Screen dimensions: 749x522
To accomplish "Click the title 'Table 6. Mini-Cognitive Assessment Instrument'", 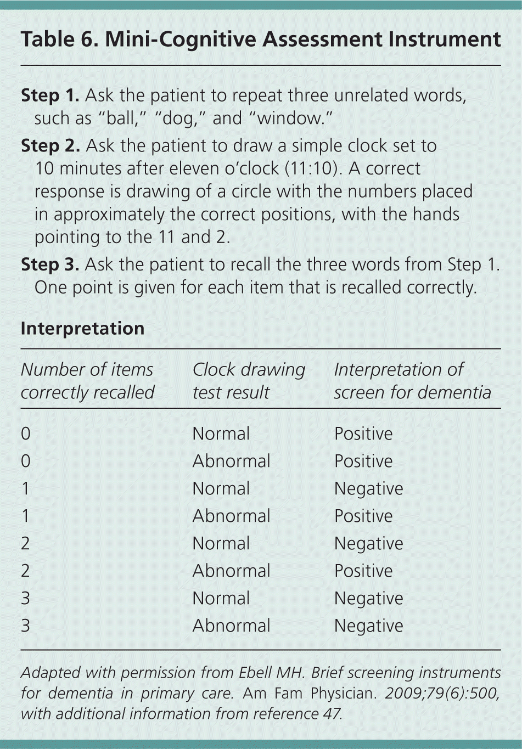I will click(261, 40).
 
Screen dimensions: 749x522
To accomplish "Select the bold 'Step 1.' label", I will click(50, 95).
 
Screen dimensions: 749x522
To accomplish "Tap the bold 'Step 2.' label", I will click(50, 146).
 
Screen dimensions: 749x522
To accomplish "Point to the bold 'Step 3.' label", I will click(50, 264).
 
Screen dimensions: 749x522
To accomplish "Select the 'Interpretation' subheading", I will click(82, 328).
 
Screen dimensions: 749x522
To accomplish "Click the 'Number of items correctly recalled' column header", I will click(87, 381).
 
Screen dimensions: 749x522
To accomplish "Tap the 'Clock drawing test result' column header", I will click(248, 381).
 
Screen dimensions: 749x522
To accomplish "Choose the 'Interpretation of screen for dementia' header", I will click(412, 381).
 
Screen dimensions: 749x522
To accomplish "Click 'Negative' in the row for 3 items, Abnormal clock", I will click(368, 626).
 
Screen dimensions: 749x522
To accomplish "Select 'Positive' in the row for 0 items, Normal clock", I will click(363, 433).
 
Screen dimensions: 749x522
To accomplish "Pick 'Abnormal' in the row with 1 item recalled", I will click(231, 516).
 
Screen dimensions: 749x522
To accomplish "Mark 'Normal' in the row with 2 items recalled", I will click(221, 543).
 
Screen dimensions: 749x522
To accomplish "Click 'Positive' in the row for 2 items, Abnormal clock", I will click(363, 571).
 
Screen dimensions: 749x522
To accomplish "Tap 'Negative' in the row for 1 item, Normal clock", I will click(368, 488).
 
